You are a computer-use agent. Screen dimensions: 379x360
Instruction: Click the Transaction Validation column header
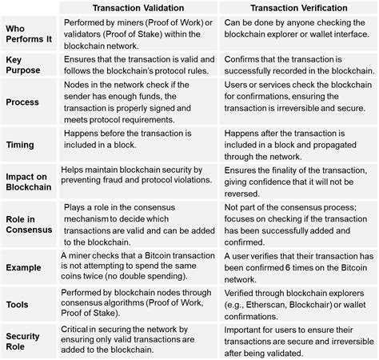coord(138,7)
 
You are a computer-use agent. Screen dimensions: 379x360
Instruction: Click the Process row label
coord(22,102)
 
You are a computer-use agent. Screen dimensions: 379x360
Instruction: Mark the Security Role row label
coord(23,342)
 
